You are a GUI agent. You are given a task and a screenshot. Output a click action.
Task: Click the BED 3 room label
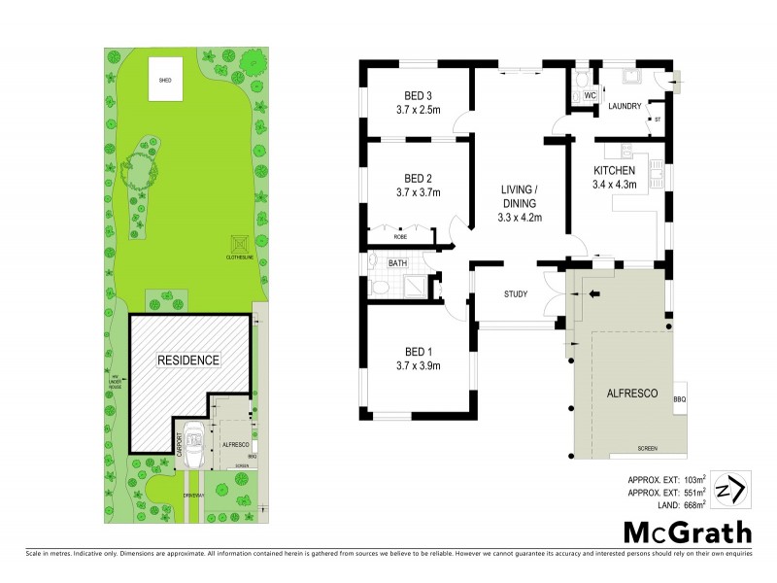(418, 95)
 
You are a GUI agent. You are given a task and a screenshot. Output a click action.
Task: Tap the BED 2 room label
(418, 178)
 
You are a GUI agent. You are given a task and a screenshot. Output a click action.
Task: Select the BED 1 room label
(418, 352)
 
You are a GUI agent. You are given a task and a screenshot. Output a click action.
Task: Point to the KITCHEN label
(614, 170)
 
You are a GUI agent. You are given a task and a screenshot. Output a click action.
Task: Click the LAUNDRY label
(624, 107)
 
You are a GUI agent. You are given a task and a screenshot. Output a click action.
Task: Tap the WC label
(590, 95)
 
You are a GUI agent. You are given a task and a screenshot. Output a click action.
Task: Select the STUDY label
(516, 293)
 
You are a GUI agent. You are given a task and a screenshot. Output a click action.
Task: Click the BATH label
(398, 262)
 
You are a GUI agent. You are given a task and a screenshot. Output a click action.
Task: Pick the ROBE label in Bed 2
(399, 236)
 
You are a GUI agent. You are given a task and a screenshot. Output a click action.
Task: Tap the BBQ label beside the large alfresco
(679, 398)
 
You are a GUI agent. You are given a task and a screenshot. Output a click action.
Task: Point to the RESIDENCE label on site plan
(188, 360)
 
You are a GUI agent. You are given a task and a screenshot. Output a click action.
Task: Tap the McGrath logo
(687, 532)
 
